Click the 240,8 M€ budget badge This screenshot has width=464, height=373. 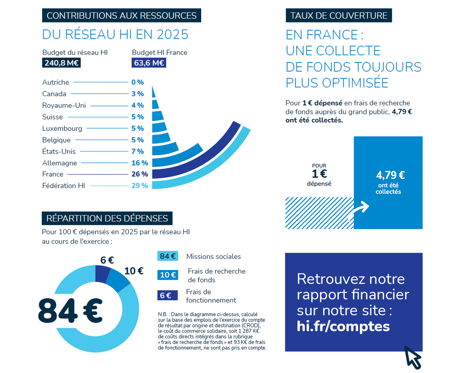[61, 63]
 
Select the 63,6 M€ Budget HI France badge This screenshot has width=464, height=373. [149, 63]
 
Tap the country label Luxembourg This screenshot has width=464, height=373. [62, 128]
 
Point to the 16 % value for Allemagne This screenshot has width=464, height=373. [140, 163]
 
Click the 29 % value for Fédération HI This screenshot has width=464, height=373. [140, 186]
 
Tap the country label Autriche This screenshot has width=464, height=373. [56, 82]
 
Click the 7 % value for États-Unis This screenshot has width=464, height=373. [138, 151]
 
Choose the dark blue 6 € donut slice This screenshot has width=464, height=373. [102, 273]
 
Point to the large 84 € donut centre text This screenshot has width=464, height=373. [70, 311]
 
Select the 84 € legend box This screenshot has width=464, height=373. [168, 256]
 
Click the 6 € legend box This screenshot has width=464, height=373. [167, 295]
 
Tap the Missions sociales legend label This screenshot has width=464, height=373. [213, 257]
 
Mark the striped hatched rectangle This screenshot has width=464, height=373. [320, 213]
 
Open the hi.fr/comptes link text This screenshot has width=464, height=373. [343, 327]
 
